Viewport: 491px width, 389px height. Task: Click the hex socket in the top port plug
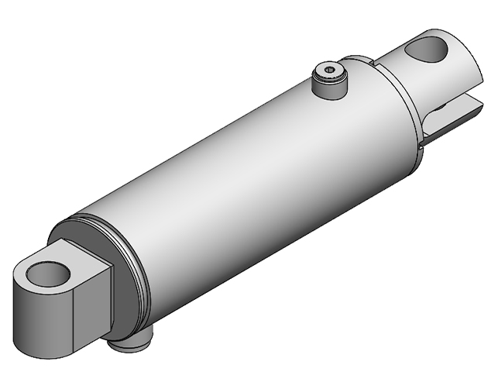[331, 72]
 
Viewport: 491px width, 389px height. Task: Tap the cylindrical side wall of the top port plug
[329, 86]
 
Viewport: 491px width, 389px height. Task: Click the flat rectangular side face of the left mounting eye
[85, 310]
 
